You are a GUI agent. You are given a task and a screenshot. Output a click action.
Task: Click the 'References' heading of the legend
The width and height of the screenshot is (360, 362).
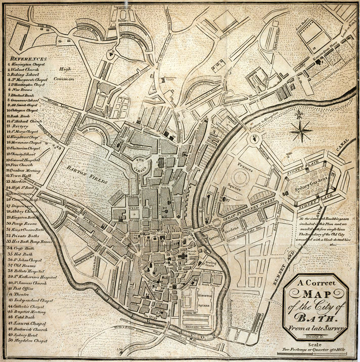click(x=27, y=59)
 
